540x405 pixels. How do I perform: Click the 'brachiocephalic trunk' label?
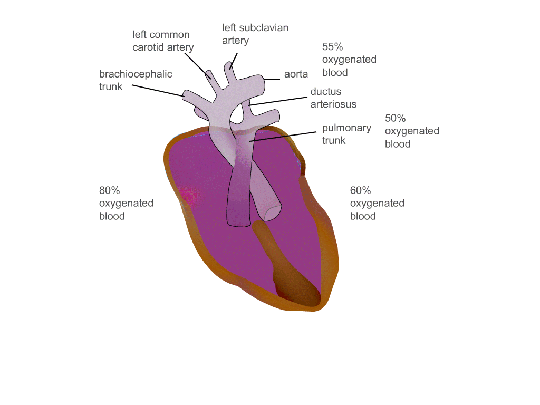click(136, 80)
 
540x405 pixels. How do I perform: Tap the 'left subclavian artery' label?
click(255, 34)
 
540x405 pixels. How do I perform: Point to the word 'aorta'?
click(296, 74)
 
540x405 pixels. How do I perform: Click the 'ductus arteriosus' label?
click(333, 98)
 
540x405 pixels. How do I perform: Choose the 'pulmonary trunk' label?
click(346, 134)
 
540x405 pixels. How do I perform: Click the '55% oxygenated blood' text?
click(349, 60)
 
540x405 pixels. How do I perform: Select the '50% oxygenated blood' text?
click(412, 131)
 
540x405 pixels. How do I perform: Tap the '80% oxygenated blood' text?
click(126, 203)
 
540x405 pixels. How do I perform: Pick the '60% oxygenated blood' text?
click(377, 203)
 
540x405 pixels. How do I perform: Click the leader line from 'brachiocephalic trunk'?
click(158, 90)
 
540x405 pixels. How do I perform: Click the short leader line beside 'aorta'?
click(272, 79)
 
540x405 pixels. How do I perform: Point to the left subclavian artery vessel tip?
click(229, 66)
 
